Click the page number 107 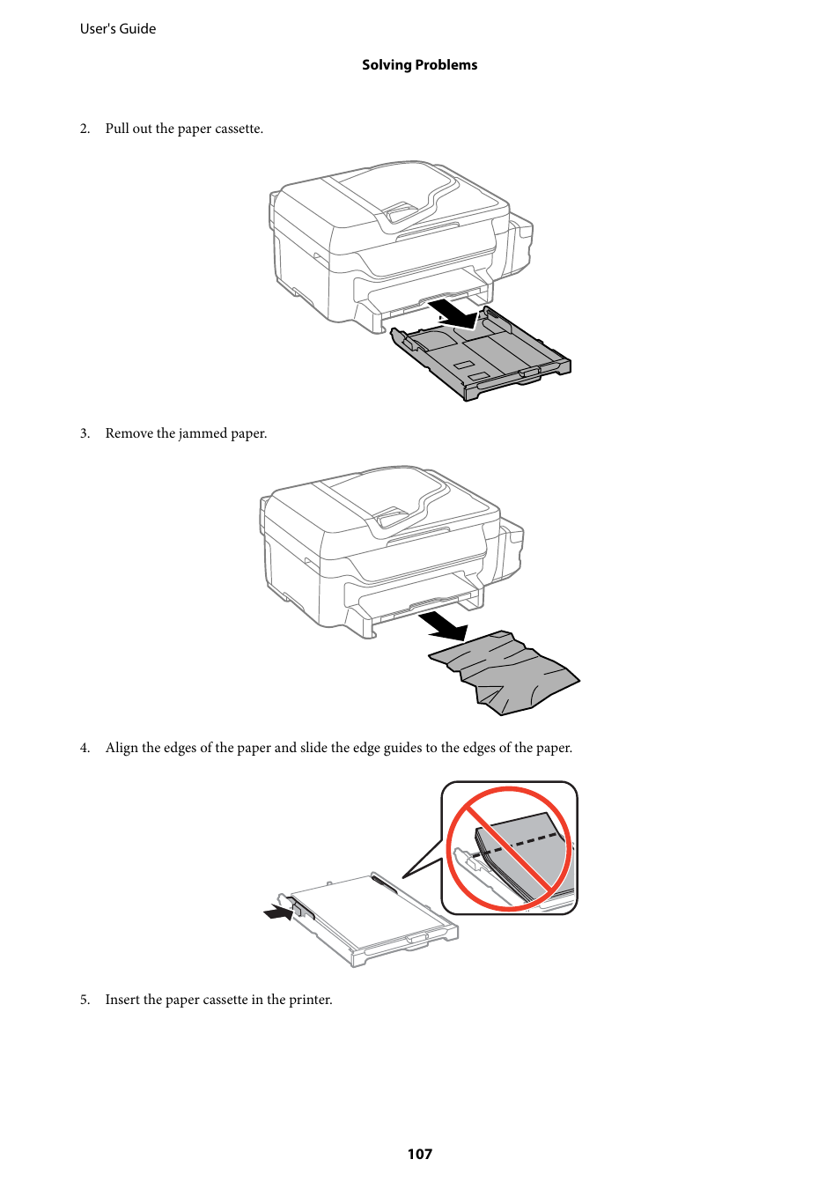(x=419, y=1154)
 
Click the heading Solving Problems (x=419, y=65)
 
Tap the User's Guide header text (x=118, y=29)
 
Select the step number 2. (x=85, y=129)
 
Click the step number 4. (x=85, y=748)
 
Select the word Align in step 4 (x=122, y=748)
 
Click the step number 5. (x=85, y=1000)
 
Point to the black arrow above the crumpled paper (x=445, y=626)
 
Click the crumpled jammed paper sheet (x=506, y=671)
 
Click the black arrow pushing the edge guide (x=279, y=912)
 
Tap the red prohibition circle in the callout (x=509, y=848)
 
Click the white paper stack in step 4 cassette (x=370, y=912)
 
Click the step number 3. (x=85, y=433)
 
